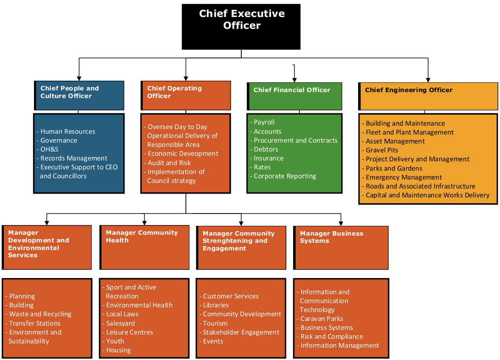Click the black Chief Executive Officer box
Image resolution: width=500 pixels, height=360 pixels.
241,26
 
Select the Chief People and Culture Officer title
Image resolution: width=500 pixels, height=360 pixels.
70,92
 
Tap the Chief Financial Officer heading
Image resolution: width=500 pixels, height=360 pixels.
291,90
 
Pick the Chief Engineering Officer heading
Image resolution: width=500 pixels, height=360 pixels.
409,90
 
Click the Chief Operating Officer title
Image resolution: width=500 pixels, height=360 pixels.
174,92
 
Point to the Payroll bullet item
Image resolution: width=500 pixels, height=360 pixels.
264,122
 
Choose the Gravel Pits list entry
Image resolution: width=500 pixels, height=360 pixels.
382,150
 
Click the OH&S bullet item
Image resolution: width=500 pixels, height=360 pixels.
49,149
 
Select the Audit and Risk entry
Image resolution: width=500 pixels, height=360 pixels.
169,163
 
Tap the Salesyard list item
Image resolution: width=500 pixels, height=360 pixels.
120,323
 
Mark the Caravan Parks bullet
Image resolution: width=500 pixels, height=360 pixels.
322,319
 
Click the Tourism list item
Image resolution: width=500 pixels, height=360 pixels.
215,323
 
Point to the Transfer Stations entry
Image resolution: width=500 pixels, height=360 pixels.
35,323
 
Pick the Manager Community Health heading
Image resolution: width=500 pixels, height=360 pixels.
141,236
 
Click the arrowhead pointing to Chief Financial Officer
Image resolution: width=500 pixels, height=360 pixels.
294,79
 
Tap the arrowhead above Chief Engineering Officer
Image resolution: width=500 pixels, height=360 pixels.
428,79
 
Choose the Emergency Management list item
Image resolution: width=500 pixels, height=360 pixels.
404,177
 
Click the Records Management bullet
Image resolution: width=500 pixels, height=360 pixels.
73,158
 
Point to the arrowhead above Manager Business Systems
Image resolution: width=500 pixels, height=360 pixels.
341,222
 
